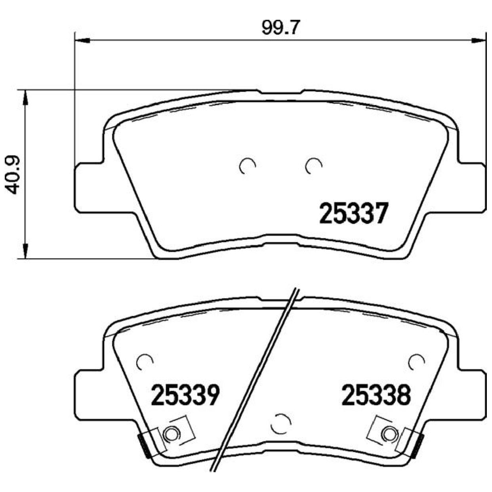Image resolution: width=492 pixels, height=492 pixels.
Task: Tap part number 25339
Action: point(185,395)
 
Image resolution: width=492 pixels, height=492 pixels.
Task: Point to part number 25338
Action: point(376,395)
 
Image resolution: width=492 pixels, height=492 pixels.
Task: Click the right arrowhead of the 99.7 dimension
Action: point(478,40)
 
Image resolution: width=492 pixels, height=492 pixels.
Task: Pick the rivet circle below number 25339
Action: point(171,434)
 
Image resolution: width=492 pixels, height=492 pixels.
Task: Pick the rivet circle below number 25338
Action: point(389,434)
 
